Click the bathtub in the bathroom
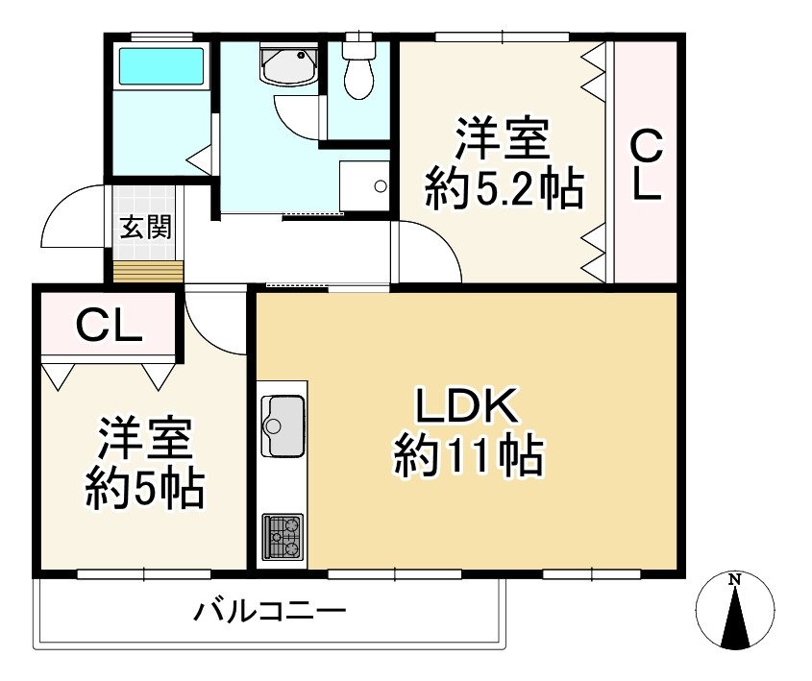click(x=160, y=68)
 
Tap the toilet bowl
click(x=358, y=77)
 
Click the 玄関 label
click(x=145, y=228)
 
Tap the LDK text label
click(x=468, y=406)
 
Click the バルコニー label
click(x=269, y=612)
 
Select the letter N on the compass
click(x=734, y=579)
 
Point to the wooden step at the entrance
click(x=146, y=270)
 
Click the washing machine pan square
click(x=364, y=183)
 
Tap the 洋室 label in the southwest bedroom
click(x=144, y=441)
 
